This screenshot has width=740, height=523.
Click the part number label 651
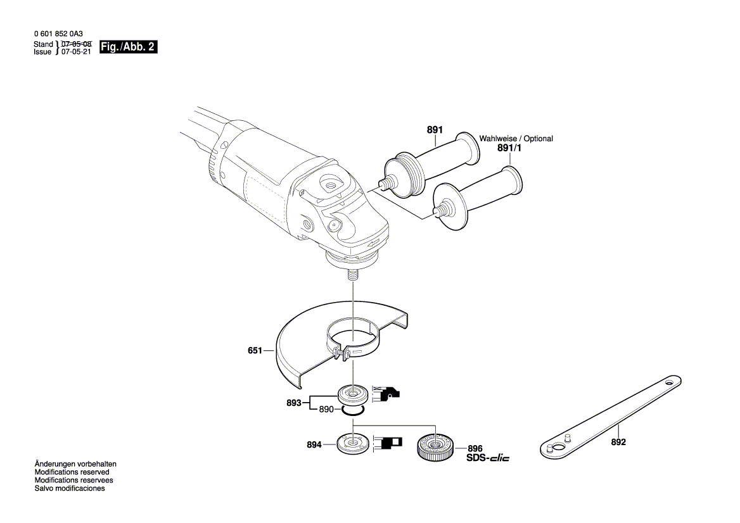255,350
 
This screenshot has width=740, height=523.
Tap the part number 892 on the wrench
618,442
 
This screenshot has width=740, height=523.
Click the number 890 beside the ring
326,410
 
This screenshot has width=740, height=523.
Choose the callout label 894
314,445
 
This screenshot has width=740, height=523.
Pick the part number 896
475,448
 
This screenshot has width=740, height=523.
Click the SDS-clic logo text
487,458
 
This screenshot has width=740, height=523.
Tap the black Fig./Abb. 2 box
128,47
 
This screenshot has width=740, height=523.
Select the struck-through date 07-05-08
76,44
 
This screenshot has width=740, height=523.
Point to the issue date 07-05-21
76,52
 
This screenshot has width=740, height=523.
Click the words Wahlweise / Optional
516,138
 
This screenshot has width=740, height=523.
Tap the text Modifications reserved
72,472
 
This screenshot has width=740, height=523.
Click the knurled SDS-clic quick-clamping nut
434,447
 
